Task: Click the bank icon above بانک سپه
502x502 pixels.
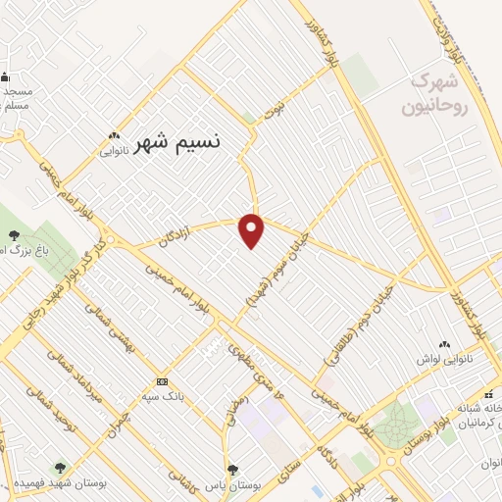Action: [x=162, y=380]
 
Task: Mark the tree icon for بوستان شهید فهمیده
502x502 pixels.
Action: [x=61, y=469]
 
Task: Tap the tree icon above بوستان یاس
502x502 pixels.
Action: [x=232, y=470]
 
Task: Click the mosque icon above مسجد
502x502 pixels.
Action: [x=5, y=77]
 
